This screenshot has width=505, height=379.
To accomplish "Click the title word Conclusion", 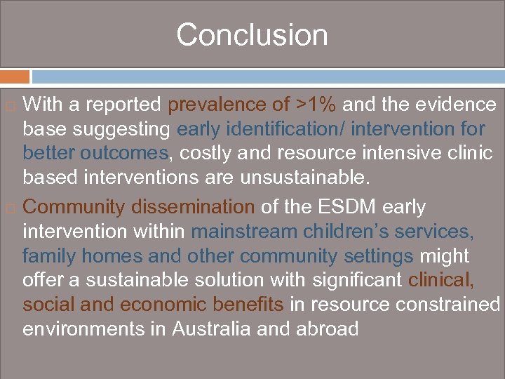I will pos(252,35).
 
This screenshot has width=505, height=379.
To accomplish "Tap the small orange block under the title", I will pos(15,77).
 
